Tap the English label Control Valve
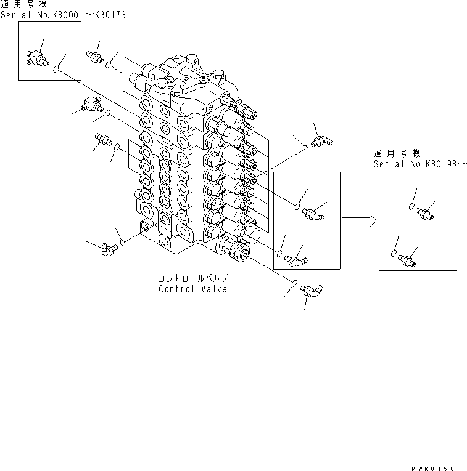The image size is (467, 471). tap(192, 289)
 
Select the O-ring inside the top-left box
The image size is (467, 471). tap(57, 70)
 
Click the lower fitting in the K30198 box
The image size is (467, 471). tap(407, 259)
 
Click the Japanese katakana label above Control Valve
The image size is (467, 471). tap(192, 279)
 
